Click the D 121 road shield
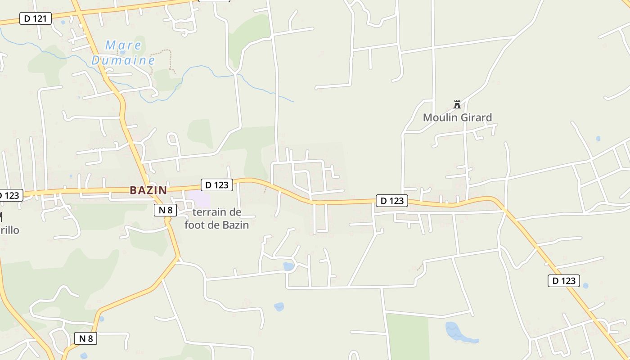pos(36,18)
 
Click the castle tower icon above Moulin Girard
pos(457,104)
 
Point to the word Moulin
pos(439,118)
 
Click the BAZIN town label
pos(148,190)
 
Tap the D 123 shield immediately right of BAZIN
pos(216,184)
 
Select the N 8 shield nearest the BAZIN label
pos(165,210)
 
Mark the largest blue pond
pos(459,333)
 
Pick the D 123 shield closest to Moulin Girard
pos(392,201)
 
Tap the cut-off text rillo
pos(9,230)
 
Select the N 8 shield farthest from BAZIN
pos(85,338)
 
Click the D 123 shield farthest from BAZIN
pos(563,281)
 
